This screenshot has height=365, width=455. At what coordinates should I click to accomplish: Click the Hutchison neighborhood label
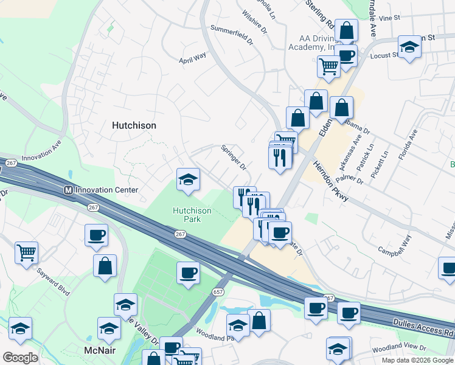coord(134,125)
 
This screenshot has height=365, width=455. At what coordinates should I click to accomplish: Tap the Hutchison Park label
coord(192,215)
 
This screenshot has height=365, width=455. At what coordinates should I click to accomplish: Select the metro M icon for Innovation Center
coord(69,190)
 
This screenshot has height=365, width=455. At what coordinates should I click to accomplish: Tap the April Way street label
coord(192,58)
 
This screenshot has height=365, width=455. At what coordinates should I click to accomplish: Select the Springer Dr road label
coord(233,157)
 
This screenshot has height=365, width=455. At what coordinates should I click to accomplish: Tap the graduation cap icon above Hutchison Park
coord(188,179)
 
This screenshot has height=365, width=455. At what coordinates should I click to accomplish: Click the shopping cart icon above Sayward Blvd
coord(26,251)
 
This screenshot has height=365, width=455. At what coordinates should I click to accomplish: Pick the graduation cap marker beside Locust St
coord(409,46)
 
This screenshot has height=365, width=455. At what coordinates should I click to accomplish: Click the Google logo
coord(21,358)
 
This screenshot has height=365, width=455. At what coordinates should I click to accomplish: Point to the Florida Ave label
coord(408,144)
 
